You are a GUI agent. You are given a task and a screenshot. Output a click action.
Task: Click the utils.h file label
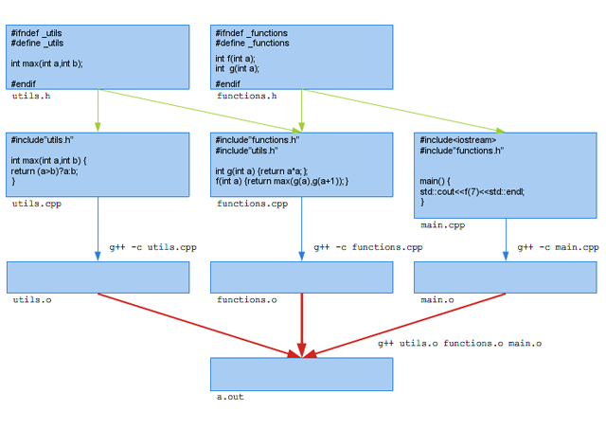31,97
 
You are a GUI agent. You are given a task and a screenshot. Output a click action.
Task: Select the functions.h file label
247,97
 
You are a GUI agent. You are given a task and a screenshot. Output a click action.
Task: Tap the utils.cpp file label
37,204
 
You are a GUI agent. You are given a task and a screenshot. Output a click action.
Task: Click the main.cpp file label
443,225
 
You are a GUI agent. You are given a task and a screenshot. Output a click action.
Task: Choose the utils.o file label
31,300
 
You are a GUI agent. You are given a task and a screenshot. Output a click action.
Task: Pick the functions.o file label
247,300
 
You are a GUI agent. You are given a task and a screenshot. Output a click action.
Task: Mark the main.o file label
437,300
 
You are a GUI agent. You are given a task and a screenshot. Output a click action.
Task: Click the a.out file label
230,398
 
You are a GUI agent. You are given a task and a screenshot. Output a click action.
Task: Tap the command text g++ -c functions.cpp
368,247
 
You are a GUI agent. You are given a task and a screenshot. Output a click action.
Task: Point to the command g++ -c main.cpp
558,247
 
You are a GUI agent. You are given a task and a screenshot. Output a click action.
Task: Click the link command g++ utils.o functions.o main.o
460,344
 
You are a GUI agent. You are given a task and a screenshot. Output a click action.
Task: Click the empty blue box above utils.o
98,277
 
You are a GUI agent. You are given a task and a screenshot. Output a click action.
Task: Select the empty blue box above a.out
301,374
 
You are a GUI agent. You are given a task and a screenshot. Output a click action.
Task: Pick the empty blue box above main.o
505,277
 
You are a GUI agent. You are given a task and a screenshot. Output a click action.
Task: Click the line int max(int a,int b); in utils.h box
47,63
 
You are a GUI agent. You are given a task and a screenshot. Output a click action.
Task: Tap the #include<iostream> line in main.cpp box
458,139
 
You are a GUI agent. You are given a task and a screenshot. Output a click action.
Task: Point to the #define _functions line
252,43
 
